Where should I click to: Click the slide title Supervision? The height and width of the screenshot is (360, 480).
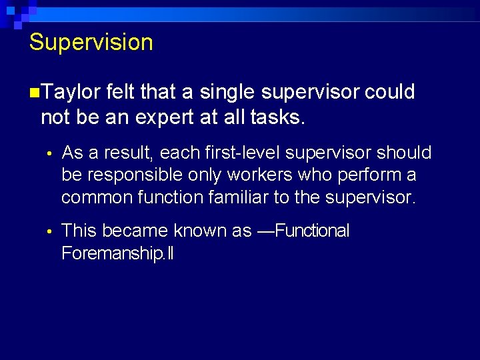[91, 43]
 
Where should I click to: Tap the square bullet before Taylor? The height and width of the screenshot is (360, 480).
[34, 92]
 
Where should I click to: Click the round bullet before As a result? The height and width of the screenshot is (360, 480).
[48, 154]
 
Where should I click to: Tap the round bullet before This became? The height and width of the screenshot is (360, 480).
[48, 232]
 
